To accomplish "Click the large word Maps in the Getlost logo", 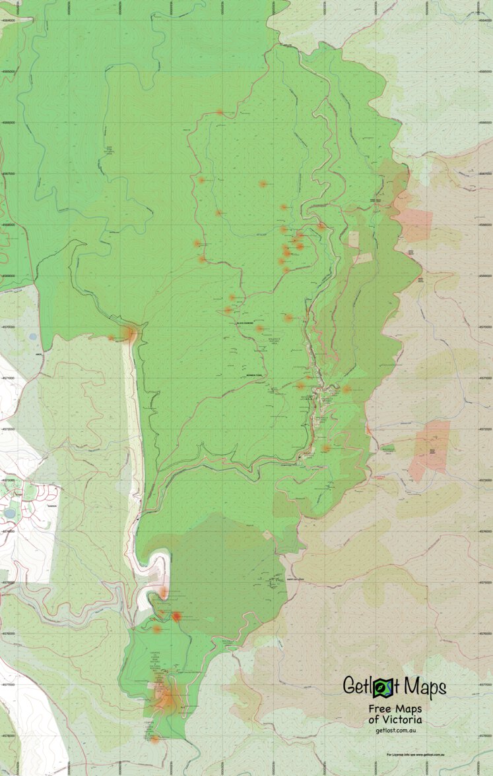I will pos(424,686).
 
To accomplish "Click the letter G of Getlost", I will pos(350,686).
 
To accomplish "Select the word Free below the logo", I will pos(381,709).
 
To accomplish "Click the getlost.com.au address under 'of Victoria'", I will pos(395,730).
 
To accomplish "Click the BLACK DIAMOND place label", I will pos(245,322).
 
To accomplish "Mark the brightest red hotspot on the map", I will pos(176,616).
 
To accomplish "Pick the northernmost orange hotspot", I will pos(219,112).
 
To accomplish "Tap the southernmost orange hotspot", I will pos(154,739).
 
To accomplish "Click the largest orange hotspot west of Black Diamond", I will pos(131,335).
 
